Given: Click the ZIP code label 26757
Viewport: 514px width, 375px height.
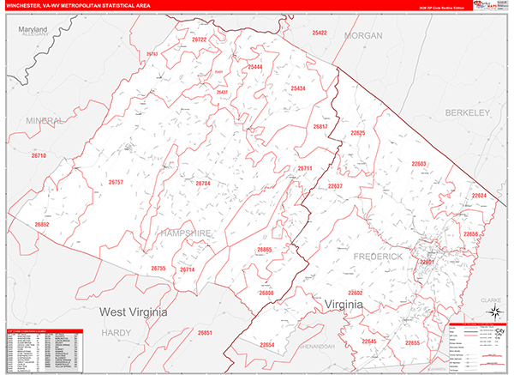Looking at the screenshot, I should [117, 183].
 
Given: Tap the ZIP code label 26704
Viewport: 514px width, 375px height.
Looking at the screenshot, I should [203, 184].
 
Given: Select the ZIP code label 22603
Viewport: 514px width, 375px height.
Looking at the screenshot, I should [418, 164].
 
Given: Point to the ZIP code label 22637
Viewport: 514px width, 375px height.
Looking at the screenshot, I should [335, 186].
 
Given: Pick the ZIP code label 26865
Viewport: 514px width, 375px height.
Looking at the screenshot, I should [264, 250].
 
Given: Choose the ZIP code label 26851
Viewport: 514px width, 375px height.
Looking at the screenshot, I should [205, 332].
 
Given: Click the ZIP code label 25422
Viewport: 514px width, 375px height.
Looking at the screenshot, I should [320, 33].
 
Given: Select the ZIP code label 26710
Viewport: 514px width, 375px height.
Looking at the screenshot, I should [39, 155].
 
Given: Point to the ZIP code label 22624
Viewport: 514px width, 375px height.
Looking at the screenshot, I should [478, 196].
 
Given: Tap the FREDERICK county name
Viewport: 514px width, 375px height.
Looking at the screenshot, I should [378, 257].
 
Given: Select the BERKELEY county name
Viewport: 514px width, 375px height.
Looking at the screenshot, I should [465, 112].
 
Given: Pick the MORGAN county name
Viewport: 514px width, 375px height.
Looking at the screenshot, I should [362, 35].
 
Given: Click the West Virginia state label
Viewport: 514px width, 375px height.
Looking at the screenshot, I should [142, 310].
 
